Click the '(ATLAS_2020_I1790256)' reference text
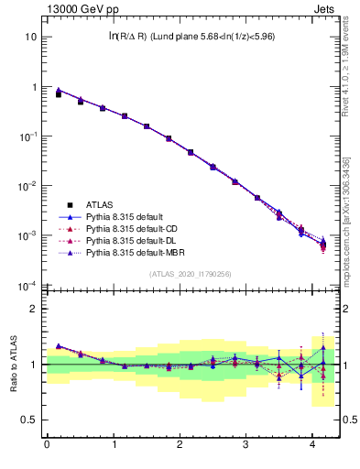pyautogui.click(x=191, y=273)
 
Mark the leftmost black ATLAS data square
pyautogui.click(x=59, y=94)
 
